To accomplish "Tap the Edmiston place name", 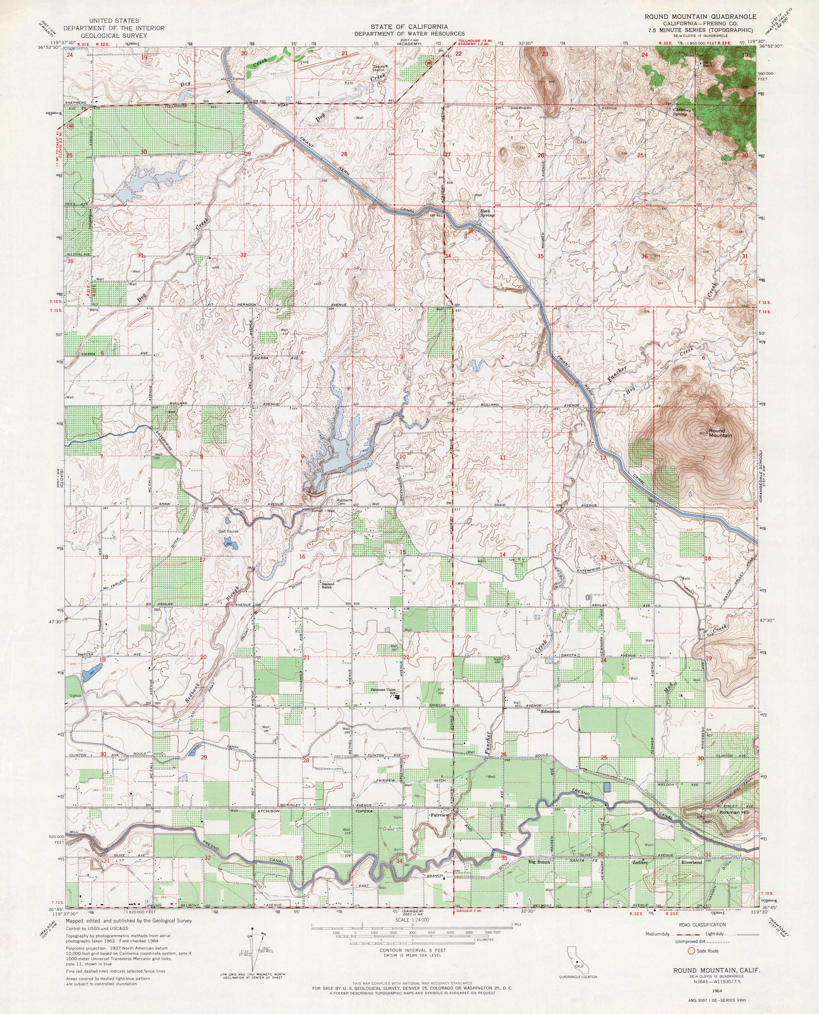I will click(x=550, y=711).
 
